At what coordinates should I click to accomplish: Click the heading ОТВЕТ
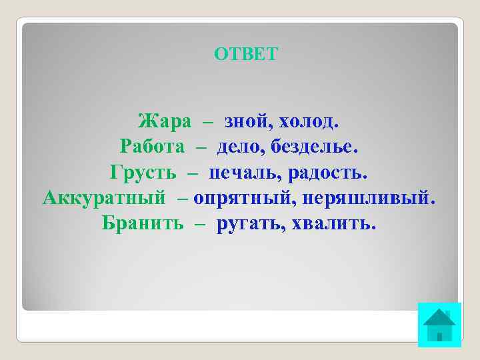(245, 54)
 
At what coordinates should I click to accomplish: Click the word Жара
(164, 121)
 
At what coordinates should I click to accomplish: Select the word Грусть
(143, 173)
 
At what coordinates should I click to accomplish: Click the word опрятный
(243, 198)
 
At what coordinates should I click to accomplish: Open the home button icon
(439, 325)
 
